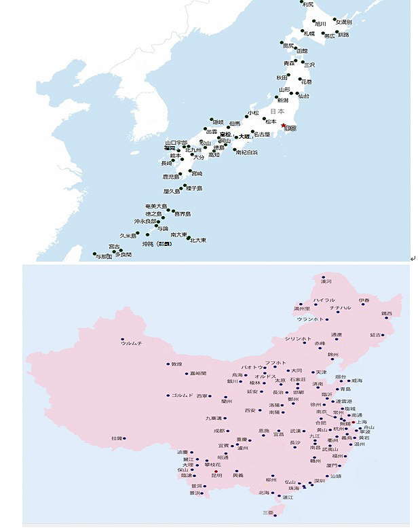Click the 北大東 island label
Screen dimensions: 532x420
[x=198, y=240]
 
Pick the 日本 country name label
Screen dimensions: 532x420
[x=277, y=111]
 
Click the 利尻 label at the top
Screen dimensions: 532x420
[x=308, y=5]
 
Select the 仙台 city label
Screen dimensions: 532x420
[x=303, y=96]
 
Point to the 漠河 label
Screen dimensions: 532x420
[x=326, y=281]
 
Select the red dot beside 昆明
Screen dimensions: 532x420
[x=215, y=471]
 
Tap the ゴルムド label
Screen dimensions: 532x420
[x=182, y=395]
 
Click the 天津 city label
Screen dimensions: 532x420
[x=321, y=372]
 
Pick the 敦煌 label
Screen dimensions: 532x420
[x=176, y=364]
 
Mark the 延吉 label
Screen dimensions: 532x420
[x=375, y=335]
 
